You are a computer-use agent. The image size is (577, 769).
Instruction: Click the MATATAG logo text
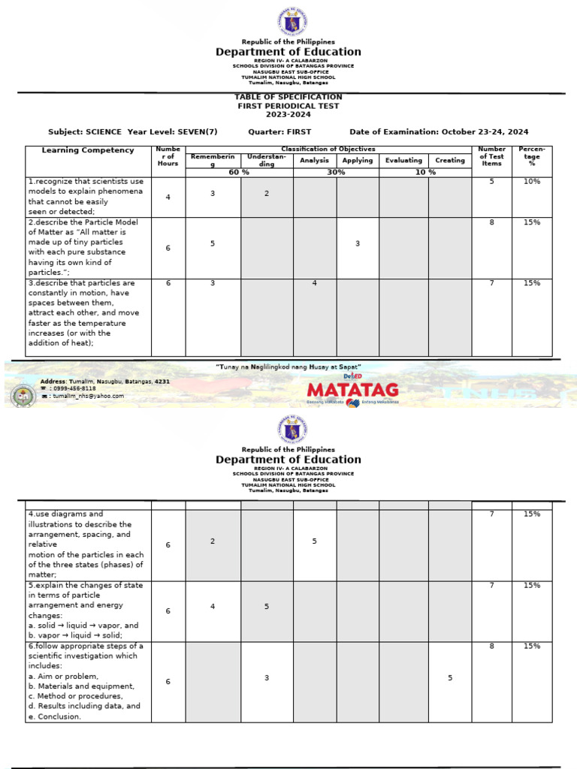tap(352, 390)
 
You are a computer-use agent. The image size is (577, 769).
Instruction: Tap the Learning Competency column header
tap(88, 150)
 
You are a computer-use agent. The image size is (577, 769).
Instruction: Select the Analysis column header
tap(314, 161)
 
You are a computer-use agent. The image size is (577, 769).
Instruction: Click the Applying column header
tap(358, 161)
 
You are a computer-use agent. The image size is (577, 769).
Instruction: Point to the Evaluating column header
tap(403, 161)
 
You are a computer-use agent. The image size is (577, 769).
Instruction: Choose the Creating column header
tap(450, 161)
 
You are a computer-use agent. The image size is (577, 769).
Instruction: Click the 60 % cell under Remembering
tap(239, 172)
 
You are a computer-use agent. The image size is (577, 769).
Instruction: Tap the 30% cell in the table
tap(336, 172)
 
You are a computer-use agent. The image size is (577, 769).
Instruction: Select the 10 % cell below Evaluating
tap(425, 172)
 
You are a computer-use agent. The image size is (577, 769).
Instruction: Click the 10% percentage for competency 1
tap(532, 182)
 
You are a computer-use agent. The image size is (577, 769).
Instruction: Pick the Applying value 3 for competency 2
tap(358, 243)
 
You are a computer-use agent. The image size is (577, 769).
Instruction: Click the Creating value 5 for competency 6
tap(450, 678)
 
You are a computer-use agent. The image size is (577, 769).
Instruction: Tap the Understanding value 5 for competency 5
tap(267, 607)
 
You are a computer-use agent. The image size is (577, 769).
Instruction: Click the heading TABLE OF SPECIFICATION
tap(288, 97)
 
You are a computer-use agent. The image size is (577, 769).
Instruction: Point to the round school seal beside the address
tap(23, 395)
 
